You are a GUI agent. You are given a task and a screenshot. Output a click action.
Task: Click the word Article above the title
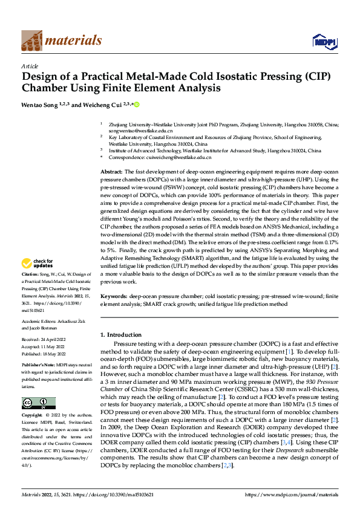tap(30, 66)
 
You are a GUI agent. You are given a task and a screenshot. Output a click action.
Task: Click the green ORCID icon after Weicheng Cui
tap(137, 105)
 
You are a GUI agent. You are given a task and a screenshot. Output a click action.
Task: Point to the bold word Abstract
tap(111, 172)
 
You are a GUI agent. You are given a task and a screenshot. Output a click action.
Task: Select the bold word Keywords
tap(113, 297)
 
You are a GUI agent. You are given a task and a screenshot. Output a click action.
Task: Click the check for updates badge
tap(38, 264)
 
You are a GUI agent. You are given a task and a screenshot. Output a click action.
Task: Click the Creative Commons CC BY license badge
tap(38, 403)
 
